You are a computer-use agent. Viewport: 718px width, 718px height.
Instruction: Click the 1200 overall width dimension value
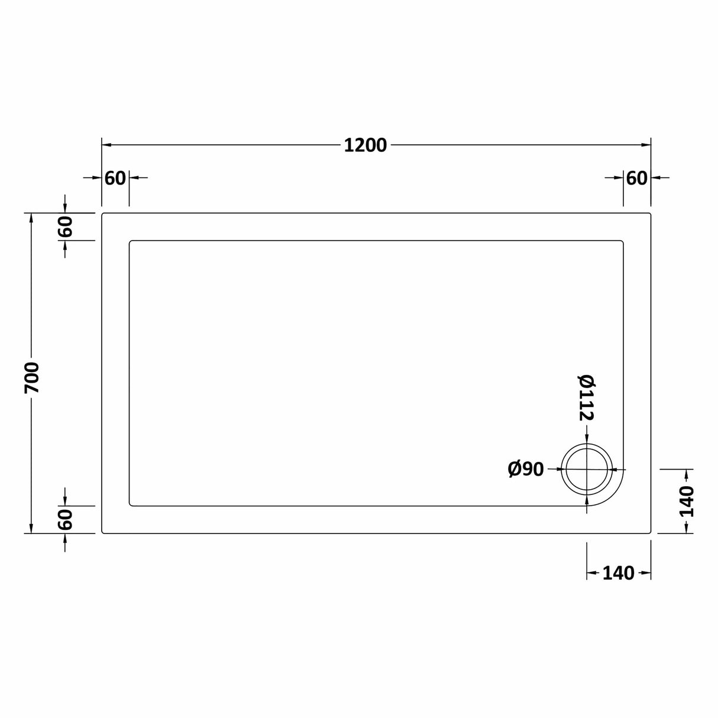(365, 145)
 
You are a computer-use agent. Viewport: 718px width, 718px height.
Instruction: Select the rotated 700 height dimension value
(31, 378)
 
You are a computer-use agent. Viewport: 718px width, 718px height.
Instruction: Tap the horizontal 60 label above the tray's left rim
(115, 177)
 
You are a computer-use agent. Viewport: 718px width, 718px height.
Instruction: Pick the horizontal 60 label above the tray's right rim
(636, 177)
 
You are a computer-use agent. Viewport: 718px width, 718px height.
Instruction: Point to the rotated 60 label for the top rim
(65, 227)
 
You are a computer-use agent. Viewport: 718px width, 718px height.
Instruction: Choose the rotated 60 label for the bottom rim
(65, 519)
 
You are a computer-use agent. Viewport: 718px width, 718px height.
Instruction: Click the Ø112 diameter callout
(586, 397)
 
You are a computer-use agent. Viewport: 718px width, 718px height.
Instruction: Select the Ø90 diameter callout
(525, 469)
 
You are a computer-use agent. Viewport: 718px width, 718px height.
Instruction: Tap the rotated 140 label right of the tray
(686, 501)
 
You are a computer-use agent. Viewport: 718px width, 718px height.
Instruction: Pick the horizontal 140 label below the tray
(618, 573)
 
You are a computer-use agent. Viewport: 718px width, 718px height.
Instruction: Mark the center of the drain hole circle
(587, 469)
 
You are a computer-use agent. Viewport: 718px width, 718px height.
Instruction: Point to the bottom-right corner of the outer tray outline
(650, 532)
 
